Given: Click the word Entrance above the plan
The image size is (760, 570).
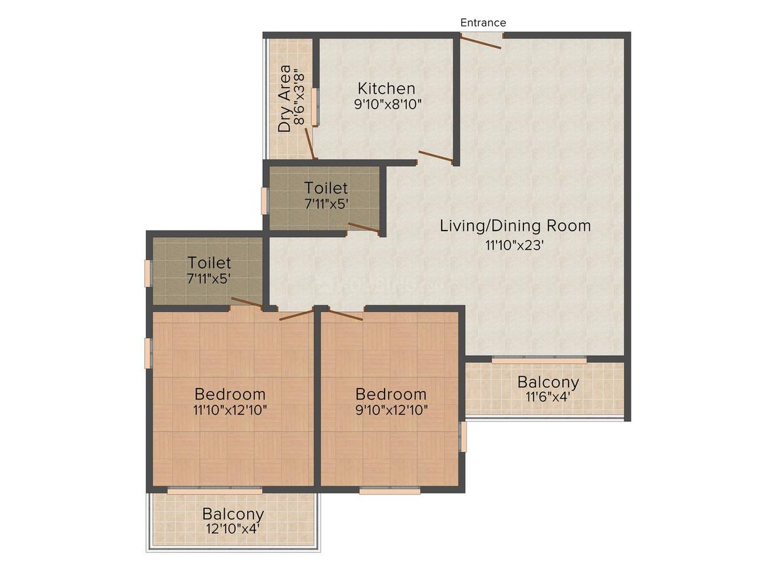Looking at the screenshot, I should click(x=483, y=22).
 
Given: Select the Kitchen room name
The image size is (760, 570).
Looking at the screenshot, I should click(x=386, y=88).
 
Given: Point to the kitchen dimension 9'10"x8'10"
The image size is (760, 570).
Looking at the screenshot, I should click(x=387, y=104).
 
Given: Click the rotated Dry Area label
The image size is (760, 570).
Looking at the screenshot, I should click(x=284, y=98).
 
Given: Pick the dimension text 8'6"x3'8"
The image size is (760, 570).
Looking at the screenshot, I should click(x=300, y=98).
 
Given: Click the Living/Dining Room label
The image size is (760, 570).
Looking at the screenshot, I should click(x=515, y=225).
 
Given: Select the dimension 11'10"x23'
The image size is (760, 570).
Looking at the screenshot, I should click(x=515, y=245).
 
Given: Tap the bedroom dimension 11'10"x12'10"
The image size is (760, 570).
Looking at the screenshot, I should click(x=230, y=410).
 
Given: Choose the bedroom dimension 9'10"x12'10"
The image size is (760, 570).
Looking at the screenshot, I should click(x=391, y=410).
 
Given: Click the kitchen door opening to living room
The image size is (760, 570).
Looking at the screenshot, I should click(x=436, y=157).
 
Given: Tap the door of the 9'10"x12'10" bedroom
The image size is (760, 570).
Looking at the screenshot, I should click(x=345, y=315).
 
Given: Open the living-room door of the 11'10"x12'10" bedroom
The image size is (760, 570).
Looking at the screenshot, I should click(x=295, y=315).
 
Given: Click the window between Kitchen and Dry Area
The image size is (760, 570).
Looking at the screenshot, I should click(x=314, y=106).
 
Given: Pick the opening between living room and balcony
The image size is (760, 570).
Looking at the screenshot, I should click(x=539, y=360).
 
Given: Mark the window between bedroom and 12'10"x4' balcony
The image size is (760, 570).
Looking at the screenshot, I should click(x=215, y=490).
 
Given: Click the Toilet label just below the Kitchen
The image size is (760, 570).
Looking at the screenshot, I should click(x=326, y=188).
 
